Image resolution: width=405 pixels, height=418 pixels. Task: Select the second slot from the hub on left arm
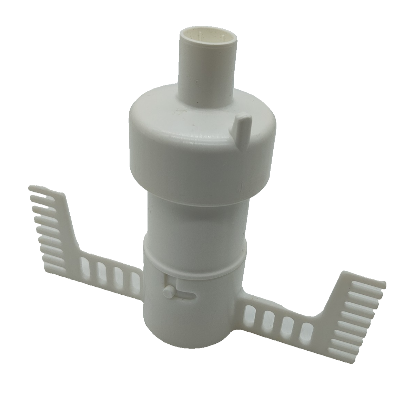(x=118, y=276)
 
